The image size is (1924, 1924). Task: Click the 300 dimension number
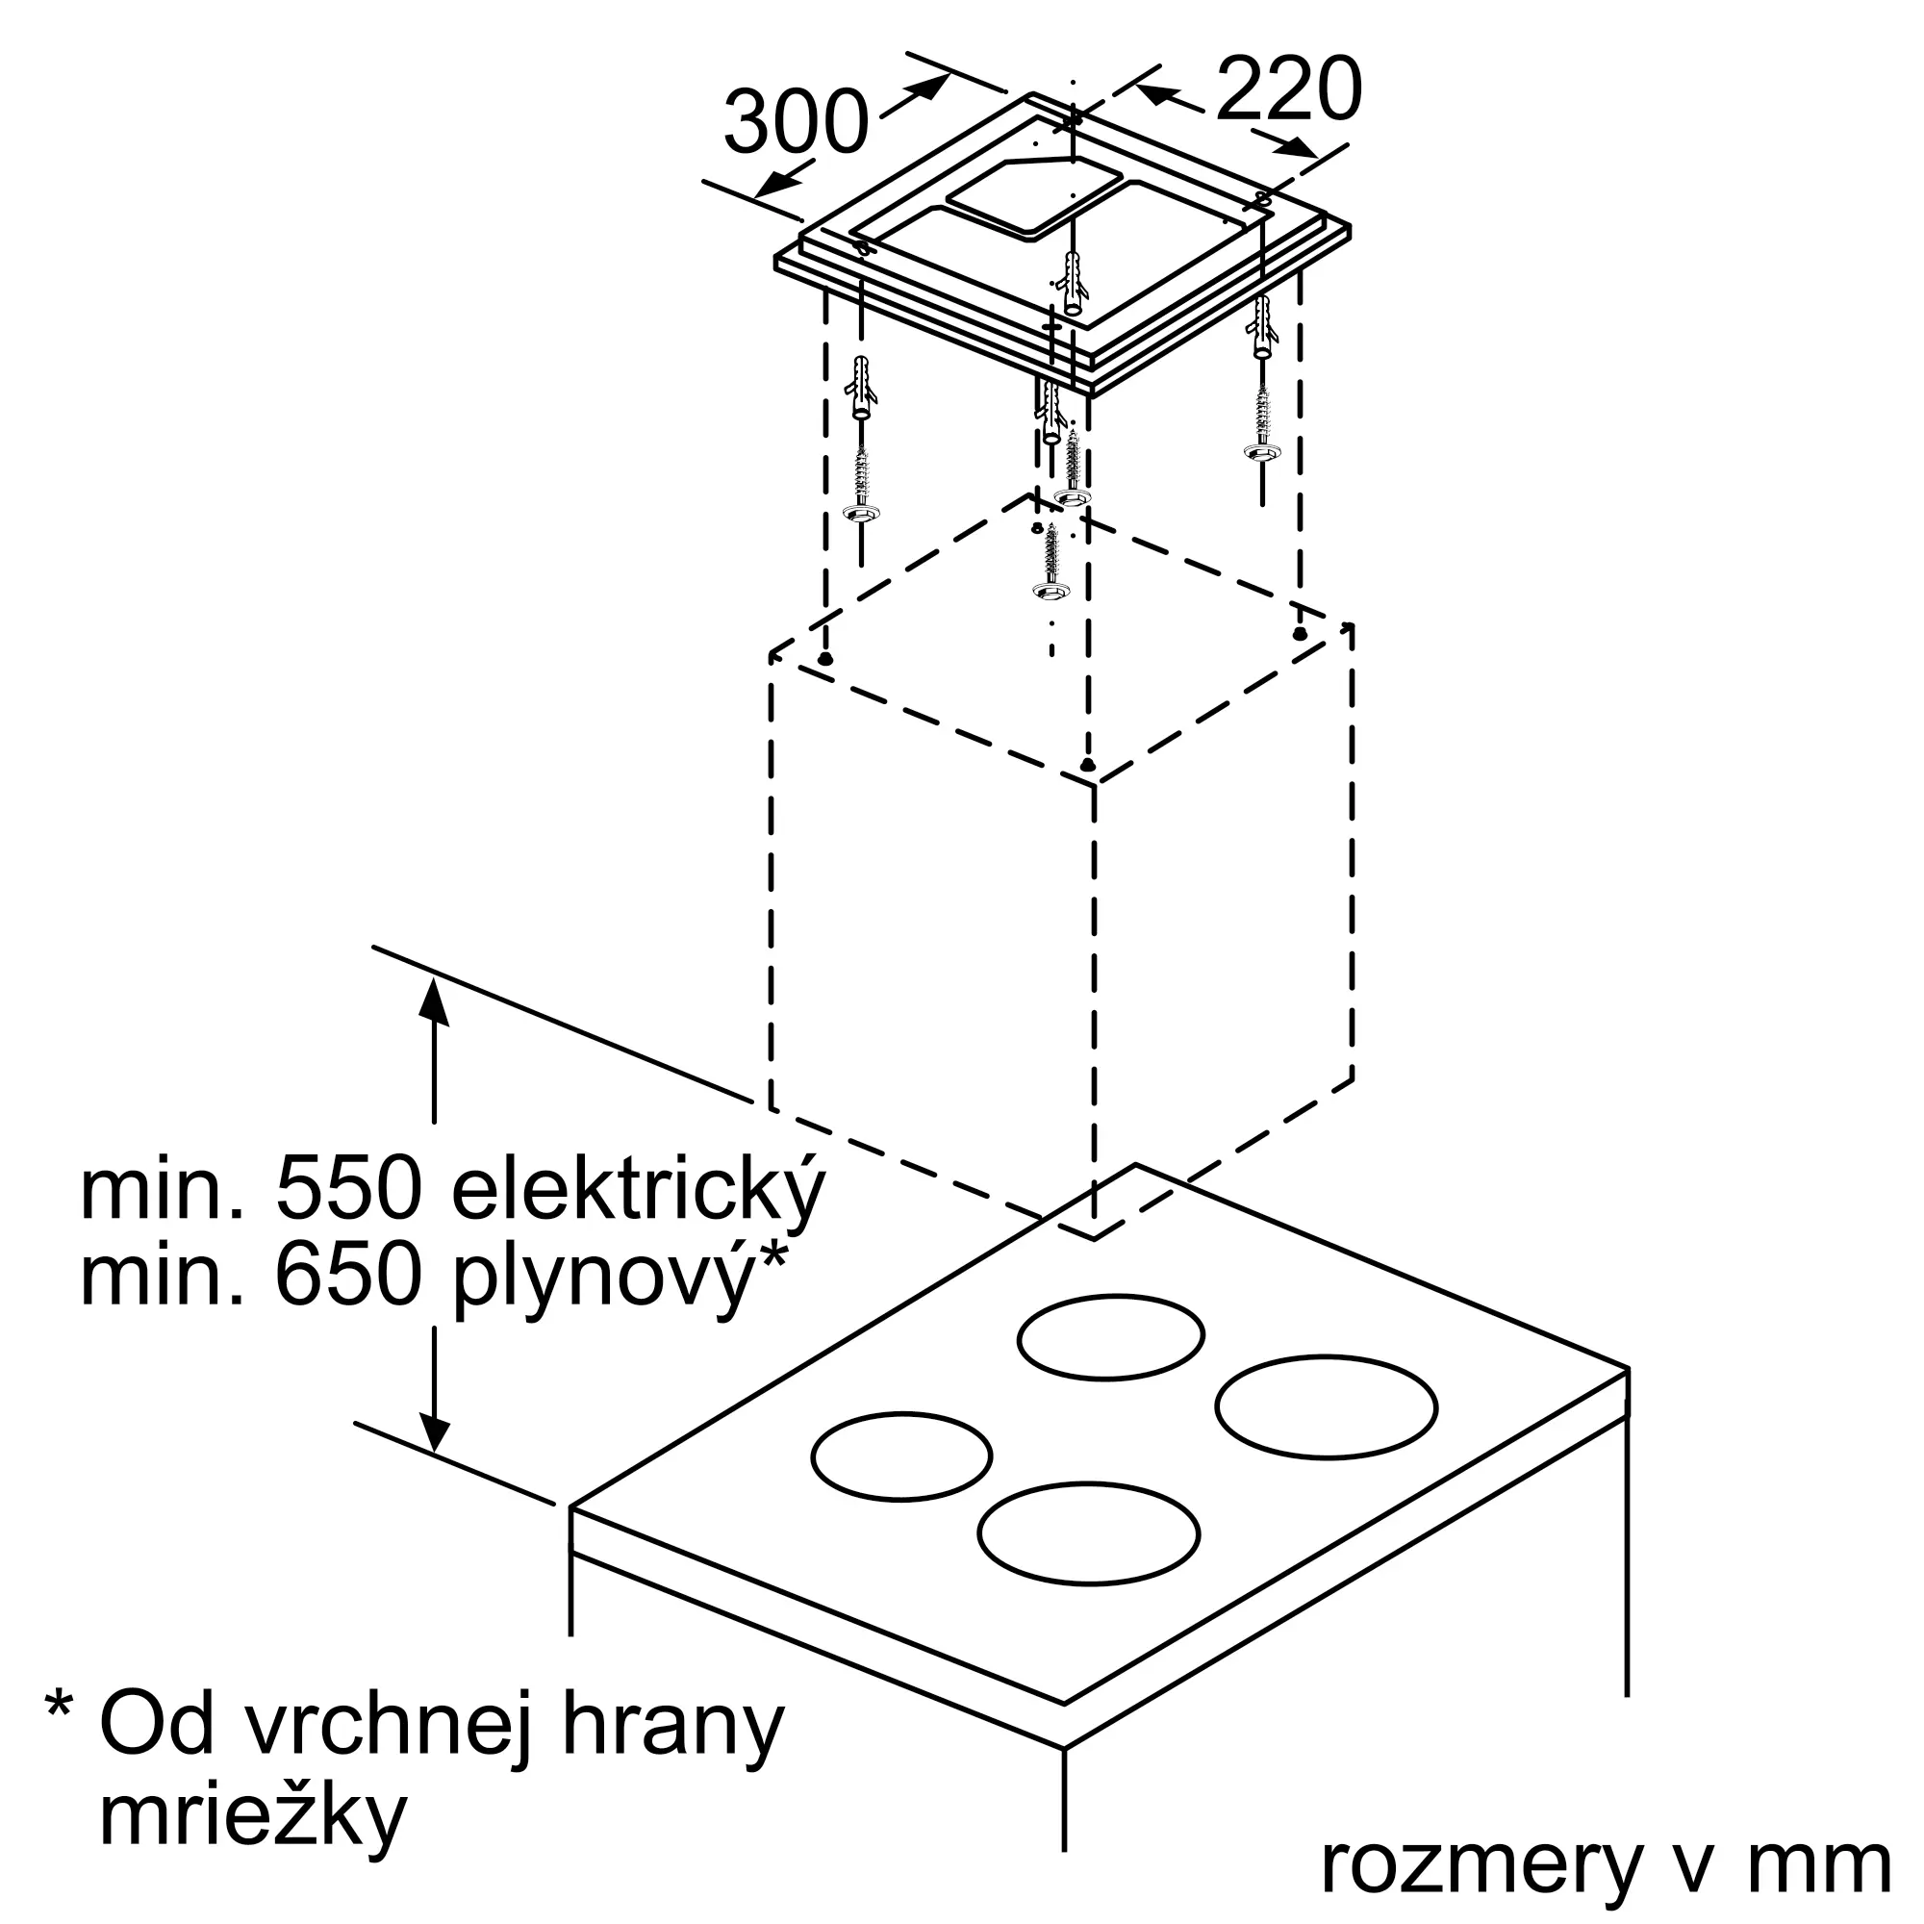tap(796, 123)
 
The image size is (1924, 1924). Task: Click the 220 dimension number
tap(1288, 89)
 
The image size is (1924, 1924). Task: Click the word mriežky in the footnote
tap(253, 1817)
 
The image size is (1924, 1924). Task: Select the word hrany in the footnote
tap(672, 1728)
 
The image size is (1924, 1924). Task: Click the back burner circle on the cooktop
tap(1110, 1336)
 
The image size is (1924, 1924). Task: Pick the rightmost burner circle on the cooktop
tap(1326, 1406)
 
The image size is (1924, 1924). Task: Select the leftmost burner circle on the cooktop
tap(901, 1456)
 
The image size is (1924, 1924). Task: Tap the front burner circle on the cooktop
tap(1088, 1532)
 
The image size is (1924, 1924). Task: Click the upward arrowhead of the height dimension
tap(433, 1000)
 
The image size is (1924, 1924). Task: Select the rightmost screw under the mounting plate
tap(1262, 422)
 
